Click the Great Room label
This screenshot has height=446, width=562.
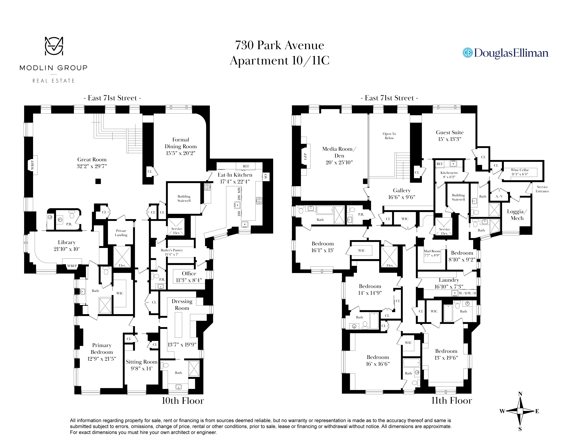click(92, 159)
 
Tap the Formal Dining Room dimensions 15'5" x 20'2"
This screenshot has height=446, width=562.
click(180, 153)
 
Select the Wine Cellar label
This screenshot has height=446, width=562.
click(520, 170)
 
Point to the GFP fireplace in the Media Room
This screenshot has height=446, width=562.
click(305, 156)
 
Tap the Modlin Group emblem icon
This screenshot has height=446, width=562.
click(54, 46)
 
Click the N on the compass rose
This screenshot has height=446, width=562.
click(520, 394)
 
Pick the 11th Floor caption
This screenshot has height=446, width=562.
click(451, 400)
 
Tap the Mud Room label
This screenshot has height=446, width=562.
click(432, 251)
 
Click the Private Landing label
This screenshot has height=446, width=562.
click(121, 233)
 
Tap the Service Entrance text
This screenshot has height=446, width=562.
click(542, 189)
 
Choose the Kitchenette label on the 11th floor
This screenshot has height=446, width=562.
click(449, 173)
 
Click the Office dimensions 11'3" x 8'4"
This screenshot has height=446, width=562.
click(189, 280)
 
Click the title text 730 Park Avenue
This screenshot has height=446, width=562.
click(279, 45)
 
